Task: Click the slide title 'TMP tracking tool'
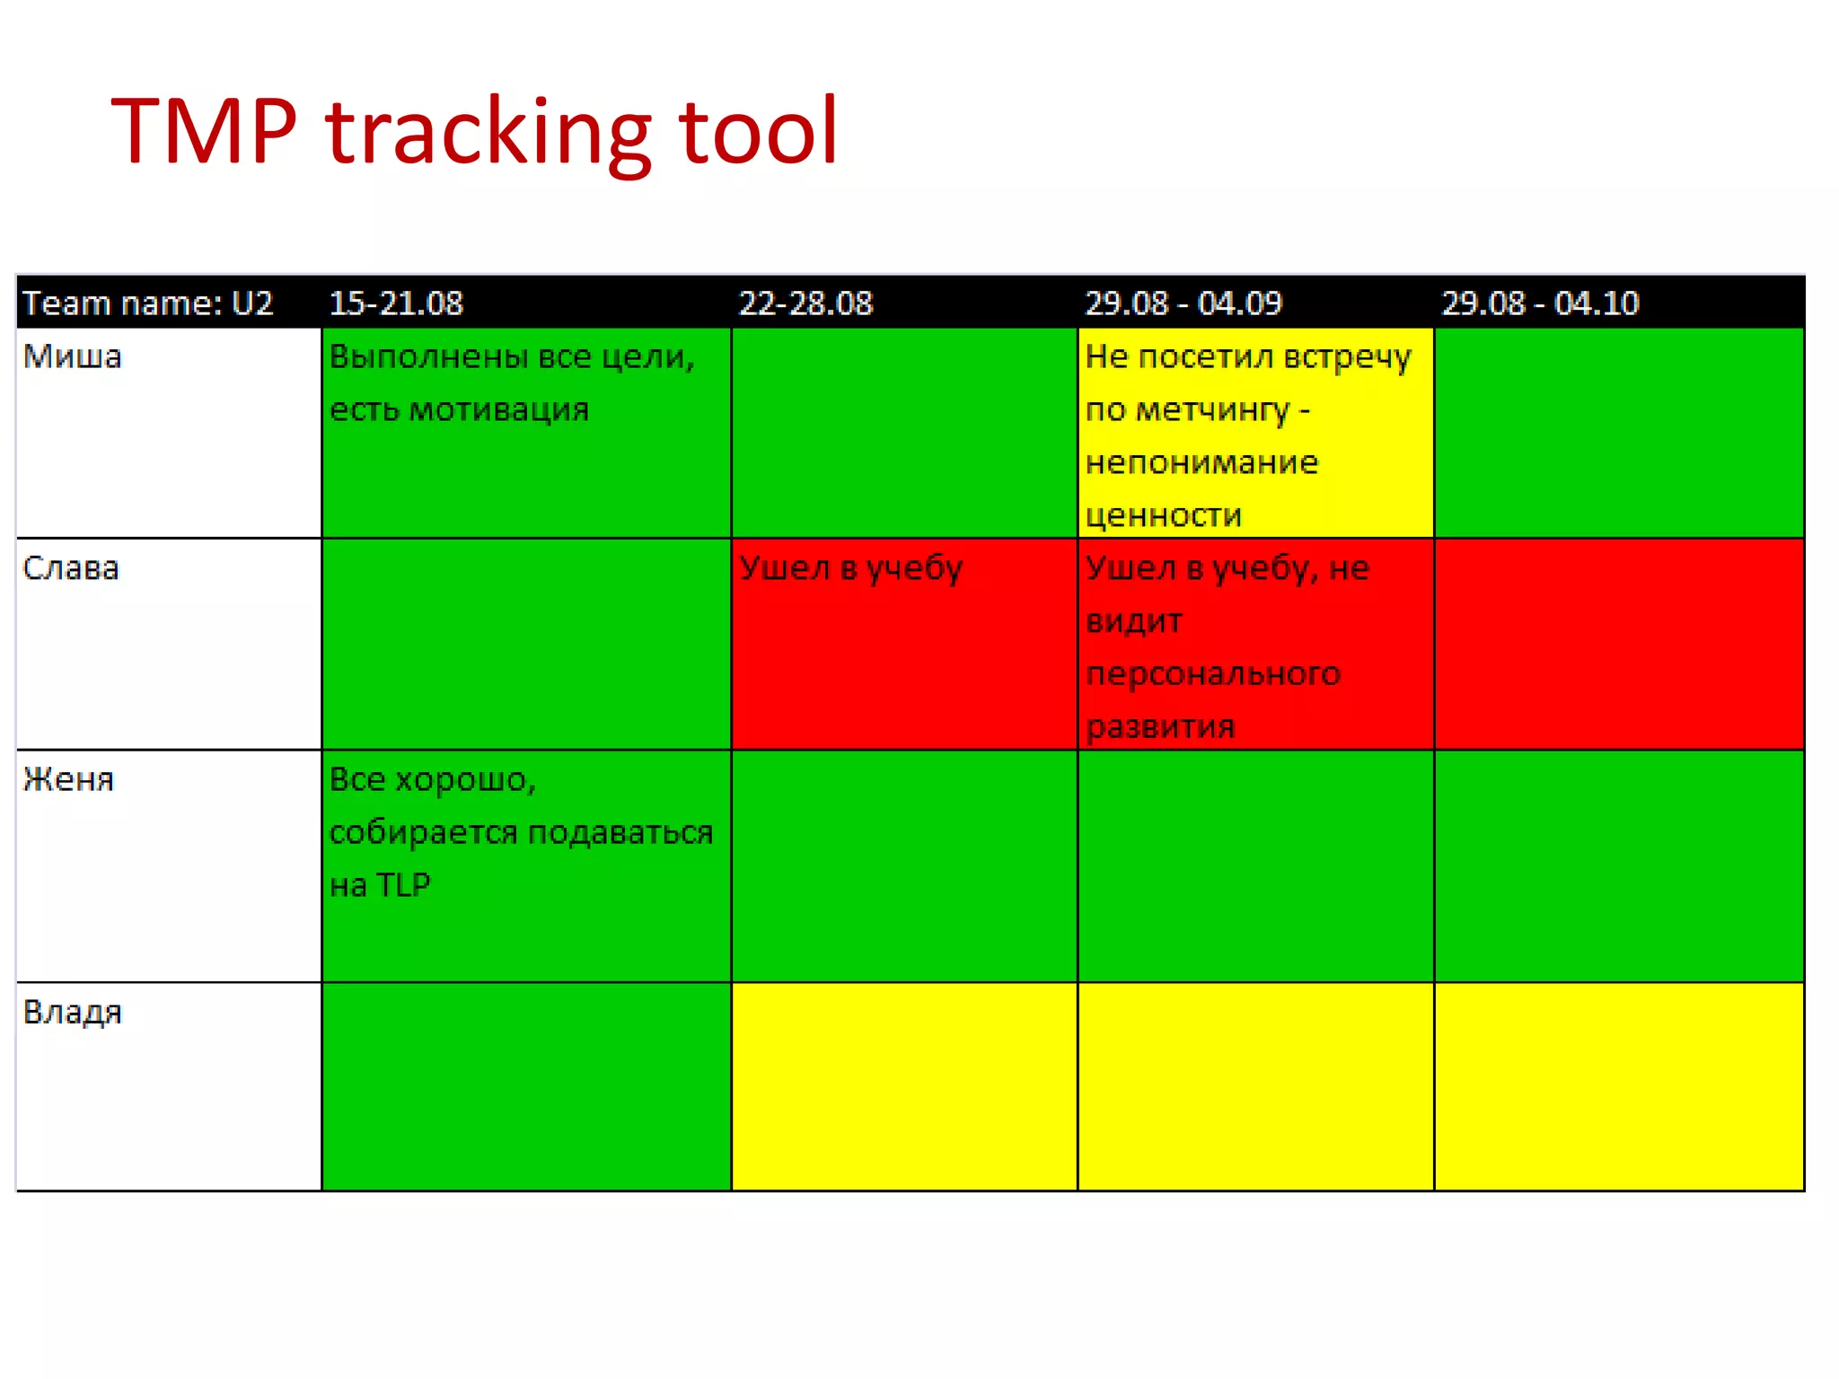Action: [474, 132]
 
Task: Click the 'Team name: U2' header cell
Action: [147, 303]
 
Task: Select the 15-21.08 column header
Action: [396, 303]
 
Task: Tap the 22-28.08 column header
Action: [805, 303]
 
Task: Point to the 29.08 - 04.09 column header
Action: [1183, 303]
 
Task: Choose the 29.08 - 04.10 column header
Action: [1540, 303]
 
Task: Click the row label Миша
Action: [72, 357]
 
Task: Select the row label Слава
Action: [71, 568]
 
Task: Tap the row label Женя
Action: [69, 779]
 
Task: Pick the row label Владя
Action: [72, 1013]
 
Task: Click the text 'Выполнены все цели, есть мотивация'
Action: [512, 383]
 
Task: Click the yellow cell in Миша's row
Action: [1255, 433]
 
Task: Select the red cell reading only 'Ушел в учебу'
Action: [904, 644]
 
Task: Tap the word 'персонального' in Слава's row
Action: [1213, 673]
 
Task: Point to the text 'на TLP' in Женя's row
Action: [380, 885]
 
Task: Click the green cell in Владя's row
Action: [526, 1086]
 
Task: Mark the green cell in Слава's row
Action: [526, 644]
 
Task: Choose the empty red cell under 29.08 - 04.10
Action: [1619, 644]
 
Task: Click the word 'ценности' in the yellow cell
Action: [1164, 515]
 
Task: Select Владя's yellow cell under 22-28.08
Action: [904, 1086]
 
